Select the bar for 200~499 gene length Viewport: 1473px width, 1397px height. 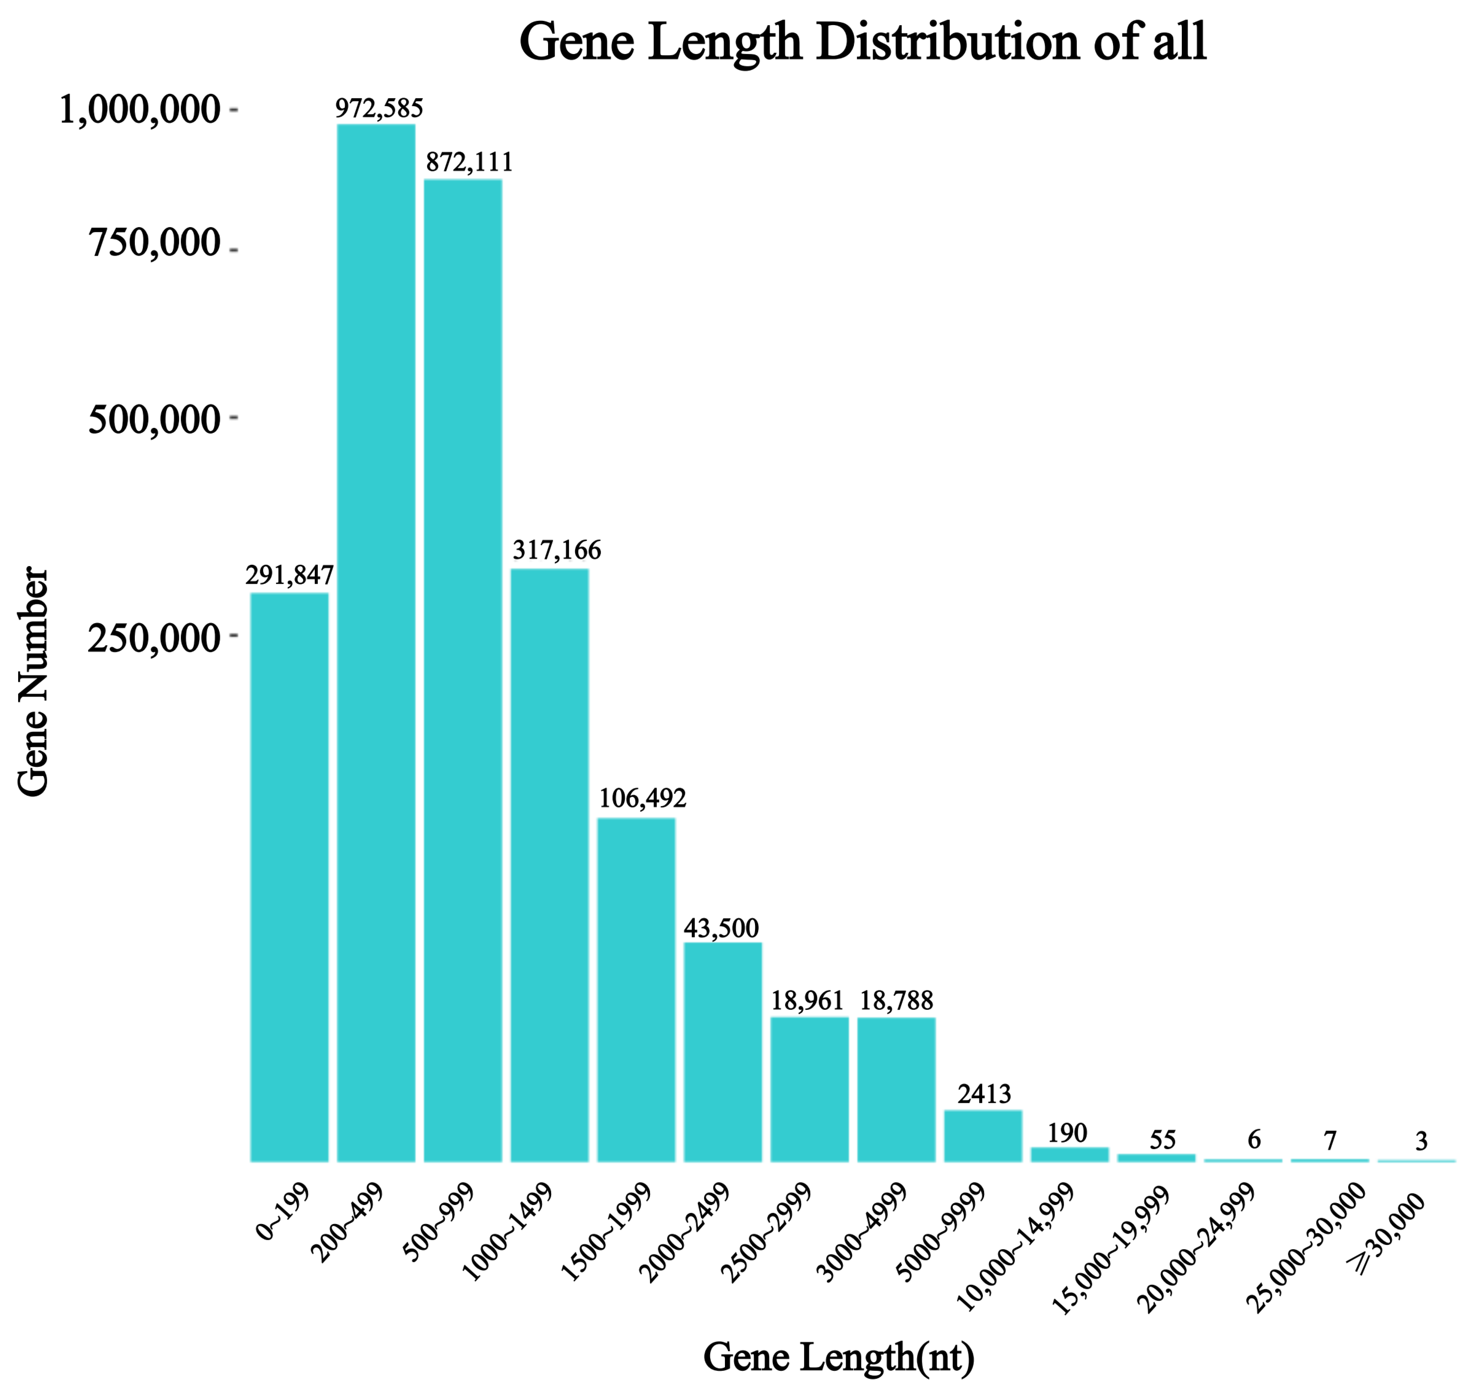point(376,641)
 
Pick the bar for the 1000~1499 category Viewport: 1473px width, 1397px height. point(550,864)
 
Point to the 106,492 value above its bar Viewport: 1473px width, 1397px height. point(642,798)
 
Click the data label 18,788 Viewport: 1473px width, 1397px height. point(896,1000)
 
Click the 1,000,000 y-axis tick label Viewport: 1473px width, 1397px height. point(139,110)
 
